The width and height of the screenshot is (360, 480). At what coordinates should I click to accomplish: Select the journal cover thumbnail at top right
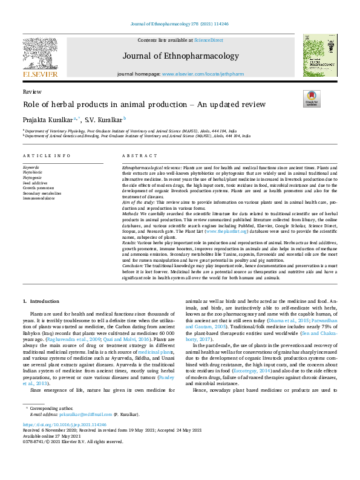click(321, 56)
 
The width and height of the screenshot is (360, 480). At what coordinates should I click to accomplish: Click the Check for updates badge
click(311, 99)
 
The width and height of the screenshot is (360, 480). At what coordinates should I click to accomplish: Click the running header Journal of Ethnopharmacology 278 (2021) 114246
click(179, 25)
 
